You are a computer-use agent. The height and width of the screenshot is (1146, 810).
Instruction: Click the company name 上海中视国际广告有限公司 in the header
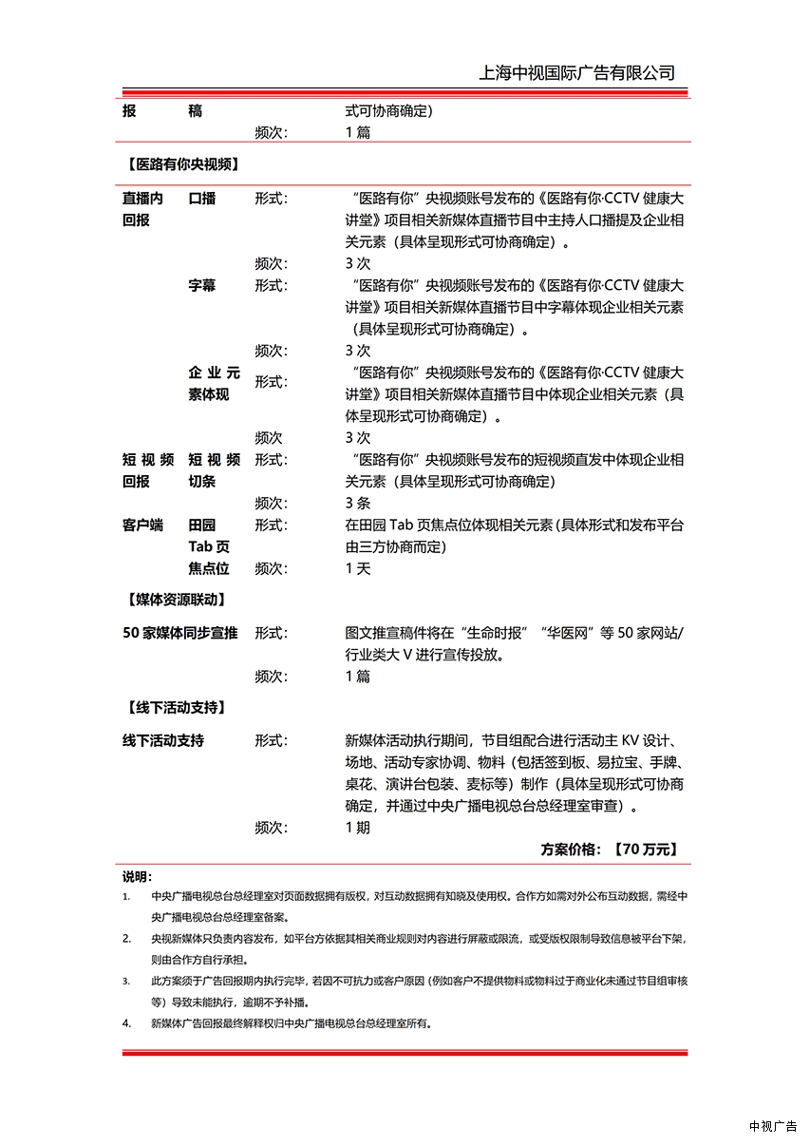tap(577, 73)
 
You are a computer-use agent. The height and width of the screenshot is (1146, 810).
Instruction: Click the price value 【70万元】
tap(646, 850)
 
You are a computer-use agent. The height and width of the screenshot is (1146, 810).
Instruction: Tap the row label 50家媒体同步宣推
tap(179, 633)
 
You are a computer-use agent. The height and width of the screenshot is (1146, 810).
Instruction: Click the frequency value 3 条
tap(358, 503)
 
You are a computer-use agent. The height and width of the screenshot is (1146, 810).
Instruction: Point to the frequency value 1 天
tap(358, 568)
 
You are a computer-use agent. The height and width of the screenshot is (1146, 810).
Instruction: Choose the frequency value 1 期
tap(358, 827)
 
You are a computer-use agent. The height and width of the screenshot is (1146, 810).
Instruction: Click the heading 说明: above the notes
tap(137, 876)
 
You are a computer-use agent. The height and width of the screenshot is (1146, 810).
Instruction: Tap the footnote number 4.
tap(126, 1023)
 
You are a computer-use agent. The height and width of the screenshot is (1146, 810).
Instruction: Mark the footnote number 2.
tap(126, 939)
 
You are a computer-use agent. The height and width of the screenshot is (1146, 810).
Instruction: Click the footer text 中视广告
tap(773, 1126)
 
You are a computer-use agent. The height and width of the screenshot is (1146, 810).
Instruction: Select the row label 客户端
tap(142, 525)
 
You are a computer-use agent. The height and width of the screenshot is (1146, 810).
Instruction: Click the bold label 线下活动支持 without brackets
tap(162, 740)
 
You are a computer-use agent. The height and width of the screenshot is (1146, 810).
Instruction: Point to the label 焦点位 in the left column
tap(209, 568)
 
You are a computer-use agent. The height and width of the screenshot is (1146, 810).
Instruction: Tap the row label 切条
tap(201, 481)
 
